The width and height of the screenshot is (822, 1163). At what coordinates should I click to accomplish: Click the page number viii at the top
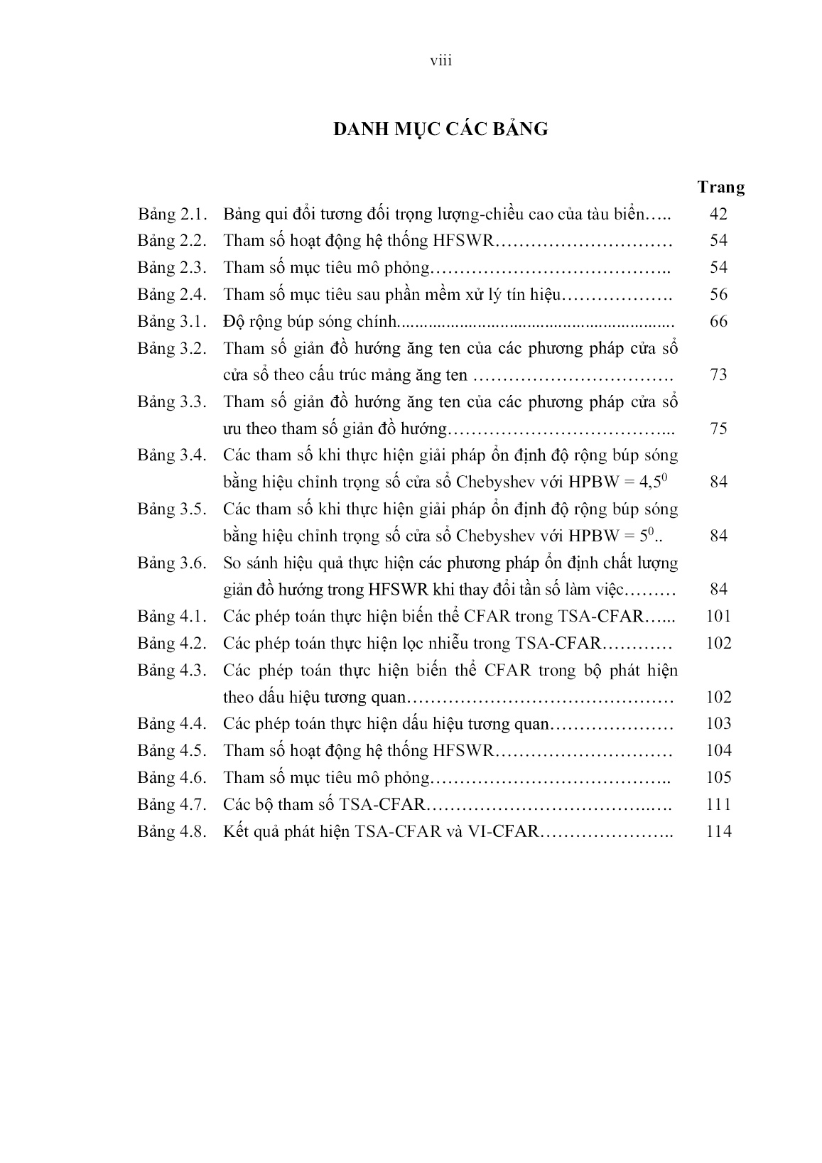click(x=441, y=61)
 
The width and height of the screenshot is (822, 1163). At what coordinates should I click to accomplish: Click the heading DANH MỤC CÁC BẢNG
click(x=441, y=129)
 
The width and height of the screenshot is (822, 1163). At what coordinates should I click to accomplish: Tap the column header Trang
click(x=720, y=188)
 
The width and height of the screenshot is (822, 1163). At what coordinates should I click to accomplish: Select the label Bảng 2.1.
click(x=172, y=214)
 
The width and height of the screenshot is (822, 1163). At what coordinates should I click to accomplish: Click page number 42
click(x=718, y=214)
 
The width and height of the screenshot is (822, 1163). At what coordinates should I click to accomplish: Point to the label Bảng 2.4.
click(x=172, y=294)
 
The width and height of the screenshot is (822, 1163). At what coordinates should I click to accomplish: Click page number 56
click(x=718, y=294)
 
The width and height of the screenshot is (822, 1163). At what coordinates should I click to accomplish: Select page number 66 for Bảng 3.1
click(x=718, y=321)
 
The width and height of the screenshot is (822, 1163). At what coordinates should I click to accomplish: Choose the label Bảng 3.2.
click(x=172, y=348)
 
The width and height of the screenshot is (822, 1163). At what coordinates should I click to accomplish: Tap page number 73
click(x=718, y=374)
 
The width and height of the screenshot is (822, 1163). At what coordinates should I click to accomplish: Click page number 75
click(x=718, y=428)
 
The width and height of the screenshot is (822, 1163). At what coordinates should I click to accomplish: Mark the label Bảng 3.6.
click(x=172, y=563)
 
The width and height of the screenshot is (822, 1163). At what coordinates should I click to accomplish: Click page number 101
click(x=718, y=616)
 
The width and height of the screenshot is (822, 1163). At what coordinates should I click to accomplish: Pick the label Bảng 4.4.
click(x=172, y=723)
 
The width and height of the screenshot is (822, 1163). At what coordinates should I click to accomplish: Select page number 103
click(x=718, y=723)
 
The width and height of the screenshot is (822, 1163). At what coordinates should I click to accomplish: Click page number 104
click(x=718, y=750)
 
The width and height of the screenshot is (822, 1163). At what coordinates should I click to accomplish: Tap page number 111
click(x=718, y=804)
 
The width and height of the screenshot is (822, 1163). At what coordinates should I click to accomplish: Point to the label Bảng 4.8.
click(x=172, y=831)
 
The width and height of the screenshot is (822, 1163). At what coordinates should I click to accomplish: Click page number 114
click(x=718, y=831)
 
